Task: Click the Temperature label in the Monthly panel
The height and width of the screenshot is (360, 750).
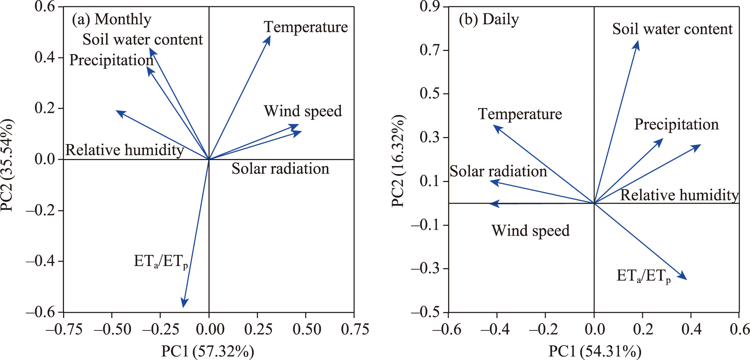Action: tap(306, 27)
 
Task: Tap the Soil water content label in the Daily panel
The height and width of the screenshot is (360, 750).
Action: tap(672, 29)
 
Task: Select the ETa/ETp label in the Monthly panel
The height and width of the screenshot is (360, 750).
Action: tap(160, 261)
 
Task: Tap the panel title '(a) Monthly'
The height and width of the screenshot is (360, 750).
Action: tap(111, 19)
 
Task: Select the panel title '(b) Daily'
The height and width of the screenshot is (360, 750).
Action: tap(489, 19)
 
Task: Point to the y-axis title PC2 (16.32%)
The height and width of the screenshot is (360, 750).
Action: tap(398, 161)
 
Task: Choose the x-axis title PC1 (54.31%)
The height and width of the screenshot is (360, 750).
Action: tap(595, 351)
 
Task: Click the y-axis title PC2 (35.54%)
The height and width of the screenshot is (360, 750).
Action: tap(7, 165)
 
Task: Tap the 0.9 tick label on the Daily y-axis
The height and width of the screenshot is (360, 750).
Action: tap(429, 6)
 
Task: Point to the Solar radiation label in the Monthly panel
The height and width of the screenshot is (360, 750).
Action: tap(280, 169)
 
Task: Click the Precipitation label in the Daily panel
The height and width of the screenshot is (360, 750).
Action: tap(676, 124)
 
